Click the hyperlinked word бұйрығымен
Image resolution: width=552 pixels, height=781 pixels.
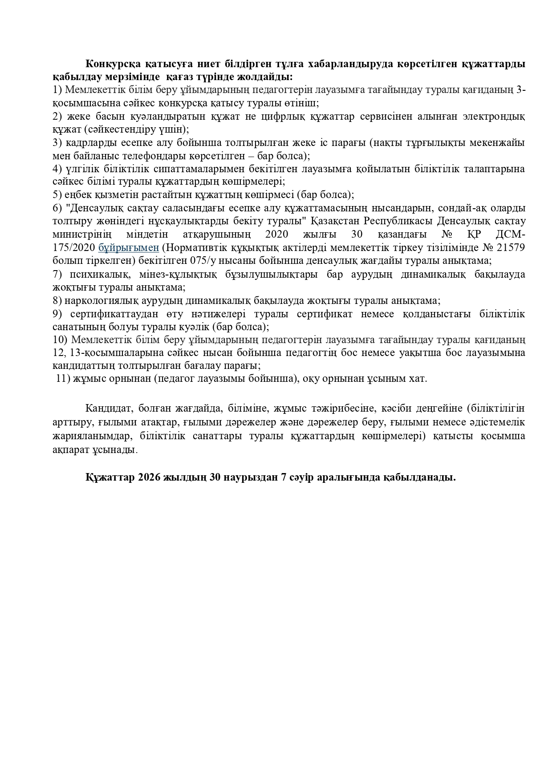tap(129, 247)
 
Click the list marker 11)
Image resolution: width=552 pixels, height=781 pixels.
tap(62, 379)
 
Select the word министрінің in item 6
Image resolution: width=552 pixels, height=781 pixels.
tap(81, 234)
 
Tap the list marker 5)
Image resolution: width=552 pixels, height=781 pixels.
tap(57, 194)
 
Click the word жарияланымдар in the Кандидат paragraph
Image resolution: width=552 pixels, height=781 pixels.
tap(89, 435)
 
